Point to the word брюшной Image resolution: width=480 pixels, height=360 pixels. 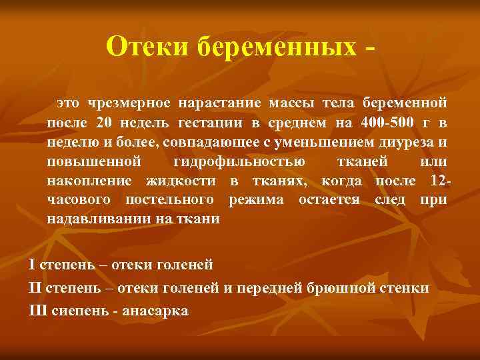341,288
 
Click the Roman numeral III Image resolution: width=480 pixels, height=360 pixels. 37,311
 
